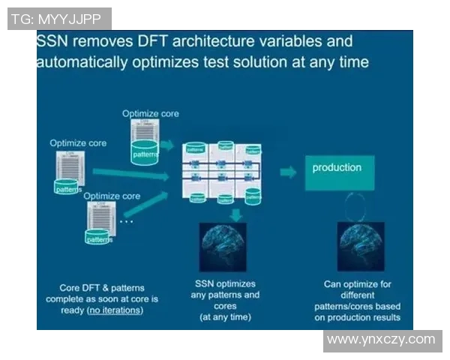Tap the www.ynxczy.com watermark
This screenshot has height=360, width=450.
381,340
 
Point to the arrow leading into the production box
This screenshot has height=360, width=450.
287,172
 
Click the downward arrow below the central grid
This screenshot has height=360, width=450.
235,214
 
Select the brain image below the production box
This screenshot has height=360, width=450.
361,246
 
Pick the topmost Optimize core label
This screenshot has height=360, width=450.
151,113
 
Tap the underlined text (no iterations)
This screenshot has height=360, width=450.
114,310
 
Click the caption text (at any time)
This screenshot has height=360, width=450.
225,317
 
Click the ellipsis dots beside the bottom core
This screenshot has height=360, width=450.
127,221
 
